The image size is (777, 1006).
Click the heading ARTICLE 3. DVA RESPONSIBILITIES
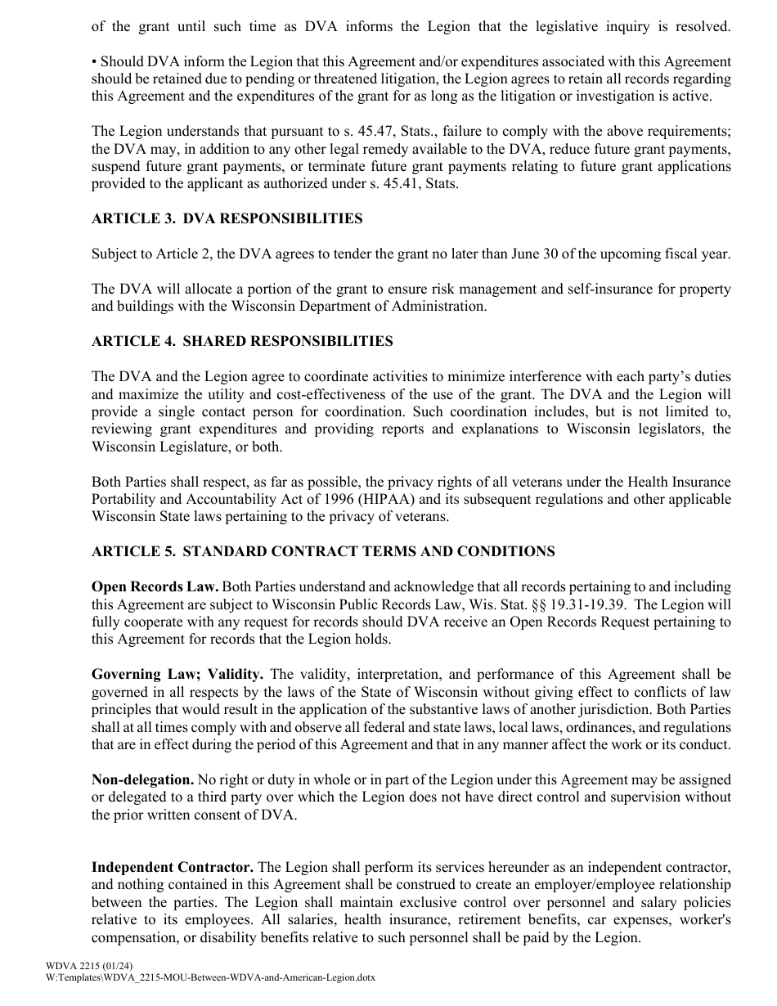tap(227, 218)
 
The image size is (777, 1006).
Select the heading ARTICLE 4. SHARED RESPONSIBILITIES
tap(242, 341)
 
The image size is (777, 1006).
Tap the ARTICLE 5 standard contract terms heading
tap(323, 551)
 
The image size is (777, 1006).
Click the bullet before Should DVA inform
tap(94, 62)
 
